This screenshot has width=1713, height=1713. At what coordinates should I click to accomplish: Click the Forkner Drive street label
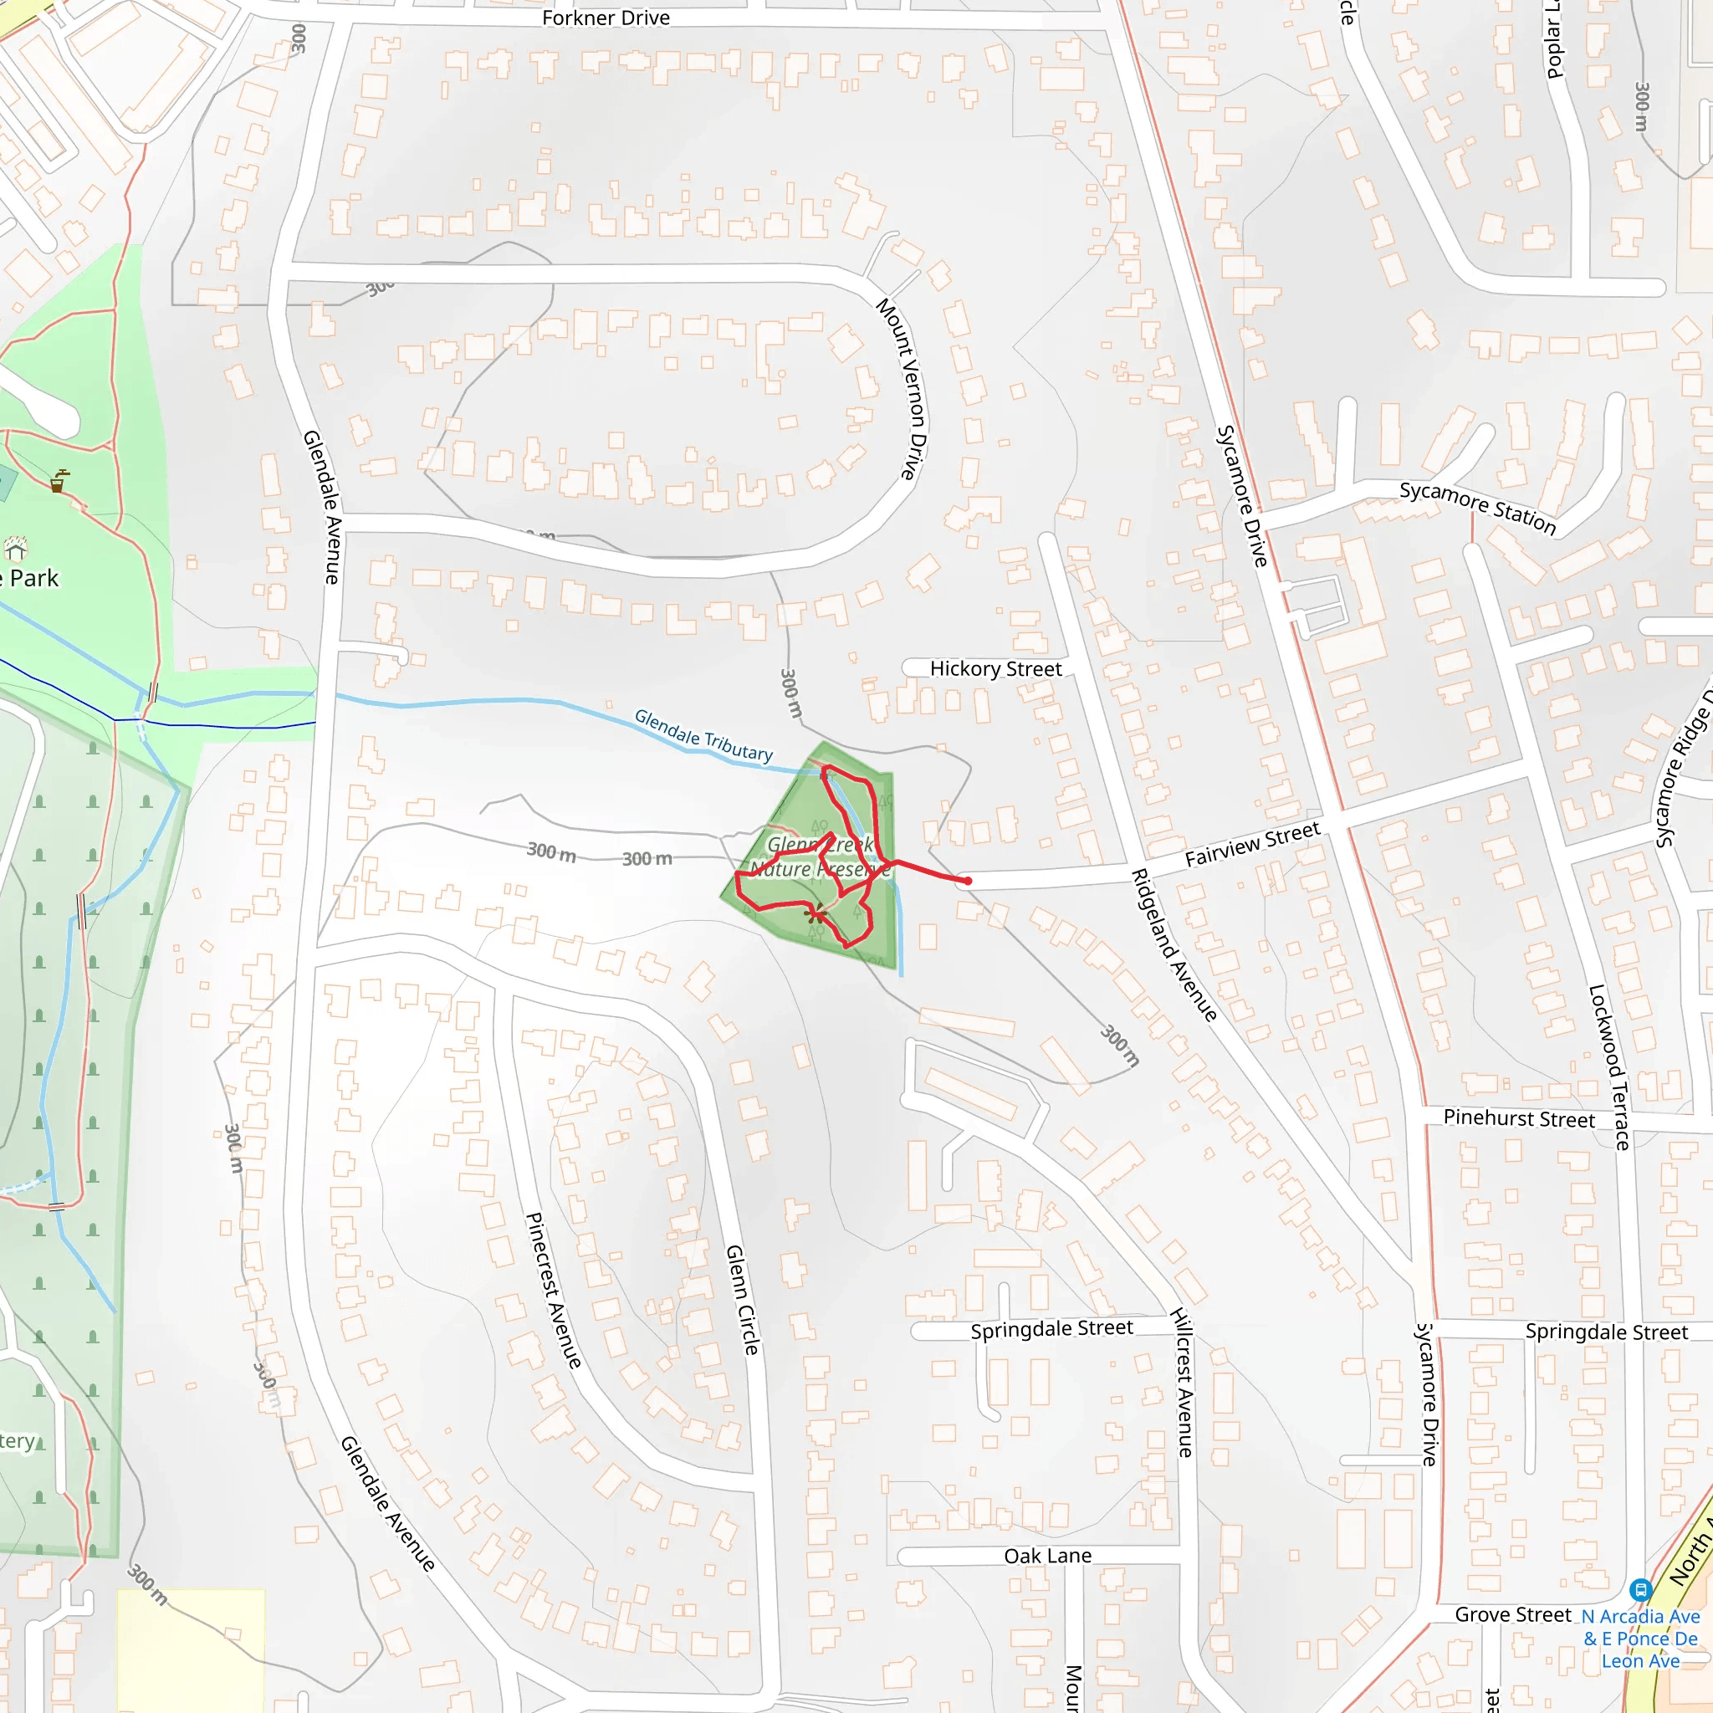coord(606,18)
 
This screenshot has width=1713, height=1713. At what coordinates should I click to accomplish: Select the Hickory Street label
coord(995,668)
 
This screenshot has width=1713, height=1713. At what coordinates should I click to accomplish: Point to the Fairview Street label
coord(1252,844)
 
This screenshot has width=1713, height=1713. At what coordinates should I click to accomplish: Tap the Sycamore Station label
coord(1477,508)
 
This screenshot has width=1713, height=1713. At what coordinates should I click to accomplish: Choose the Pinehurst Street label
coord(1519,1118)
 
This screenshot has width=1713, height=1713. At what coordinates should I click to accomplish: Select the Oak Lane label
coord(1047,1556)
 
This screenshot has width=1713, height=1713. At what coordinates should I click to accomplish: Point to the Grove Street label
coord(1512,1614)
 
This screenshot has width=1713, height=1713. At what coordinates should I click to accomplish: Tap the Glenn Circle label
coord(742,1300)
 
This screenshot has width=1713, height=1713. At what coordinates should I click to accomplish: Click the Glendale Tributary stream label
coord(703,735)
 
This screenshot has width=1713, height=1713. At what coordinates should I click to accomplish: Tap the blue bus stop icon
coord(1640,1590)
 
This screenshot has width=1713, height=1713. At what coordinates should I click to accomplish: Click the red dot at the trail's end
coord(969,881)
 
